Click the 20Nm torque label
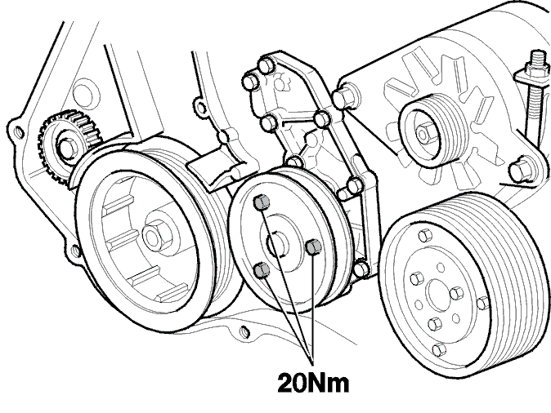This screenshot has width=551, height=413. point(313,383)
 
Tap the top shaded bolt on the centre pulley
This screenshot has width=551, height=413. point(262,202)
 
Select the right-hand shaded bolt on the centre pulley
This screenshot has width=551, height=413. point(314,246)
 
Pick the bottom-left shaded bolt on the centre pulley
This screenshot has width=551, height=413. point(262,270)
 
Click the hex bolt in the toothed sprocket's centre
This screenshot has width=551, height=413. point(69,149)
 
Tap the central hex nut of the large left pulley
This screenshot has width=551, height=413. point(155,236)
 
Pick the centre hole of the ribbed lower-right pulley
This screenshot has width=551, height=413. point(438,295)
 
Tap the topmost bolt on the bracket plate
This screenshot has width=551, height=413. point(266,65)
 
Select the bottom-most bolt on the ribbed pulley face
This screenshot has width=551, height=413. point(439,351)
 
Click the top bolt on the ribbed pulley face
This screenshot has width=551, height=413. point(425,235)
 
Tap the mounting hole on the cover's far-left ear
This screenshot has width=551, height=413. point(18,131)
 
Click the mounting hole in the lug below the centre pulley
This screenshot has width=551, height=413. point(245,331)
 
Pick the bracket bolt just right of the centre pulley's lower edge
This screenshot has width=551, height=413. point(361,269)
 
